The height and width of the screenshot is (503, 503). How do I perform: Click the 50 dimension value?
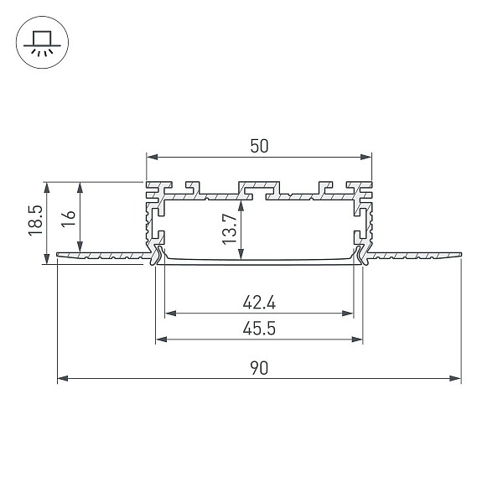click(259, 146)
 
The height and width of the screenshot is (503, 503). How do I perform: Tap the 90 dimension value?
click(259, 368)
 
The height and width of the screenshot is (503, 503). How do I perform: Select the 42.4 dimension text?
click(259, 303)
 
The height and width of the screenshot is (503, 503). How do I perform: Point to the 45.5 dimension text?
click(259, 329)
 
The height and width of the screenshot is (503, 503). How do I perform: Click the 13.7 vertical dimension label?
click(230, 229)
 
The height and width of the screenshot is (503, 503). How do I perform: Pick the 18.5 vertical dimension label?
click(35, 220)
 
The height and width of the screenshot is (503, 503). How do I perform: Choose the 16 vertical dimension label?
click(69, 219)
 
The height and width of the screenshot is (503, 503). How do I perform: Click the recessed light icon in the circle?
click(43, 44)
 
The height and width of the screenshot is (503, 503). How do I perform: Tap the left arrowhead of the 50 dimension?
click(152, 158)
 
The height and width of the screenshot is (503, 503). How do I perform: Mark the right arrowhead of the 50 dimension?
click(366, 158)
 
